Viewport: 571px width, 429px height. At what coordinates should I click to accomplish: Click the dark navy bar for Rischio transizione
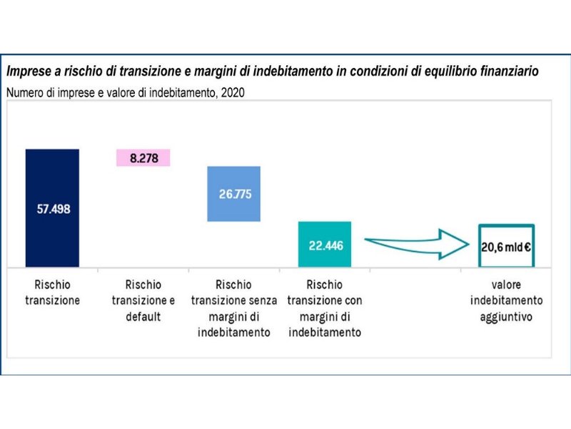point(51,179)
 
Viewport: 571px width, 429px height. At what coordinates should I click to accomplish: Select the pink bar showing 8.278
point(143,158)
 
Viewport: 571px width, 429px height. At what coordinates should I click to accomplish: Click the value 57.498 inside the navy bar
point(53,209)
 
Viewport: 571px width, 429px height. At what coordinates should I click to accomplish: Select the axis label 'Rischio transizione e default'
point(143,300)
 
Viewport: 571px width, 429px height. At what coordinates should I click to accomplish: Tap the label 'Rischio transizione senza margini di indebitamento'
point(234,308)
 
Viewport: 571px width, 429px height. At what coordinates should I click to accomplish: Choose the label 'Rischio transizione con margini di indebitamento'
point(325,308)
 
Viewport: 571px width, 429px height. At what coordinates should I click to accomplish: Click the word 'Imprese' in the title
point(28,72)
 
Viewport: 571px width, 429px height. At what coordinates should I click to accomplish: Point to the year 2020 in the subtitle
point(233,92)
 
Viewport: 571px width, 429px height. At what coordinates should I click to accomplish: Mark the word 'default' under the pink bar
point(143,316)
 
